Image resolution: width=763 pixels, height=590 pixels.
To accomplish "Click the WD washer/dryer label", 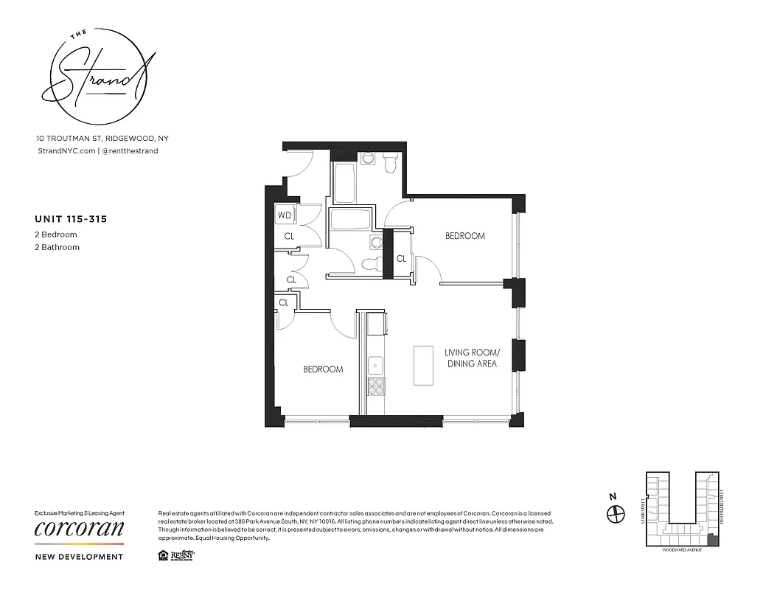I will point(285,216).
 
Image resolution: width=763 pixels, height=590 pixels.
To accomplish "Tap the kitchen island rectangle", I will point(423,365).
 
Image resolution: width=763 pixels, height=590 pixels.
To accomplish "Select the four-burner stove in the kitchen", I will point(376,387).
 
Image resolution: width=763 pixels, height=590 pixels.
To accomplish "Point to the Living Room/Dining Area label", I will point(471,358).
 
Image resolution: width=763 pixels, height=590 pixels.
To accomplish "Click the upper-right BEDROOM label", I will point(465,236).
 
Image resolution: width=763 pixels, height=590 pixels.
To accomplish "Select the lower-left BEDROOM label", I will point(323,369).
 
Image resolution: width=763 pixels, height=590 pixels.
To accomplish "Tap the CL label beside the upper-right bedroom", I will point(401,259).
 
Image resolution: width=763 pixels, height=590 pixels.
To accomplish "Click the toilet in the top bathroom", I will point(390,162).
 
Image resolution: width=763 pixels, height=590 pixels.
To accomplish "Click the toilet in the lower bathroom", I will point(372,264).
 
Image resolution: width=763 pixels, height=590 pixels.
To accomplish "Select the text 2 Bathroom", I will point(58,247).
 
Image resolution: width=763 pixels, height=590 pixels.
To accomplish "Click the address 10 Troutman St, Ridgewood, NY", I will point(102,138).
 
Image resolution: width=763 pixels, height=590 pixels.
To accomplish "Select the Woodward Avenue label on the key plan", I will point(680,549).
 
